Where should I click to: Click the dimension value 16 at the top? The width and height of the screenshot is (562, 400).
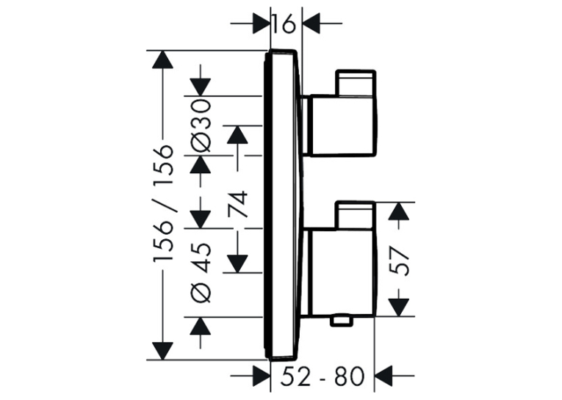(283, 24)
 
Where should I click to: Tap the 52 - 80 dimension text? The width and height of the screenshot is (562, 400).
(322, 377)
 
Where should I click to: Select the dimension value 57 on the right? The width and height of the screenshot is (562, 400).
(400, 261)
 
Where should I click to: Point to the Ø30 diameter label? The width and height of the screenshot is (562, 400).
(200, 126)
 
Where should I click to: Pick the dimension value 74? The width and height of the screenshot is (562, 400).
(238, 205)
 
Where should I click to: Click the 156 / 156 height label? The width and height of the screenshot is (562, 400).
(163, 205)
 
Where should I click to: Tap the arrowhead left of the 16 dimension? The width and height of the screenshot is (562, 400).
(262, 23)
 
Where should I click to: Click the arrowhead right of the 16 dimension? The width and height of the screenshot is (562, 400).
(311, 23)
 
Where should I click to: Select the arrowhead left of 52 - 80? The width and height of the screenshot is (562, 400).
(262, 376)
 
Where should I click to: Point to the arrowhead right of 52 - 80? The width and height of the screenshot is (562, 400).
(383, 376)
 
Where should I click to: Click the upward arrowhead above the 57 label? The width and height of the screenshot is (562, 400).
(399, 211)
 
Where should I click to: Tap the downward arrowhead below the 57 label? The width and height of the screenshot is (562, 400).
(399, 308)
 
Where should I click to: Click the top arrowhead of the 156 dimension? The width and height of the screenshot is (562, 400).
(162, 59)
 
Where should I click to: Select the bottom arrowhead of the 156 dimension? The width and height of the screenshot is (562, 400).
(162, 351)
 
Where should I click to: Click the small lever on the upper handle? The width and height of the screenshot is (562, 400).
(355, 84)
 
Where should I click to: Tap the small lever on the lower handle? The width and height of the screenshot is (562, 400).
(355, 215)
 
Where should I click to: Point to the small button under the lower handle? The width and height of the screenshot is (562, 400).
(341, 321)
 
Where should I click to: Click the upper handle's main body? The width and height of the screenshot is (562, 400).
(343, 126)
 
